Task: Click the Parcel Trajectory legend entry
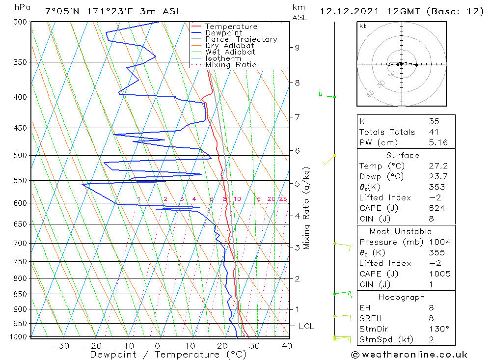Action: click(241, 39)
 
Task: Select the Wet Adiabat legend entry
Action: click(230, 52)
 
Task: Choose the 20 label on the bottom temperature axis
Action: click(223, 346)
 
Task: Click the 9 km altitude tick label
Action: click(297, 48)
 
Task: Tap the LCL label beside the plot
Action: click(306, 326)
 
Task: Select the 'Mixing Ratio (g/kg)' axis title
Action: click(307, 208)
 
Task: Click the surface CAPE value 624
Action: click(436, 208)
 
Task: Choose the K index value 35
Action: click(434, 121)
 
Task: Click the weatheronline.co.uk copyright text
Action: click(409, 355)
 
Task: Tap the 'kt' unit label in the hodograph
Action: click(363, 26)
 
